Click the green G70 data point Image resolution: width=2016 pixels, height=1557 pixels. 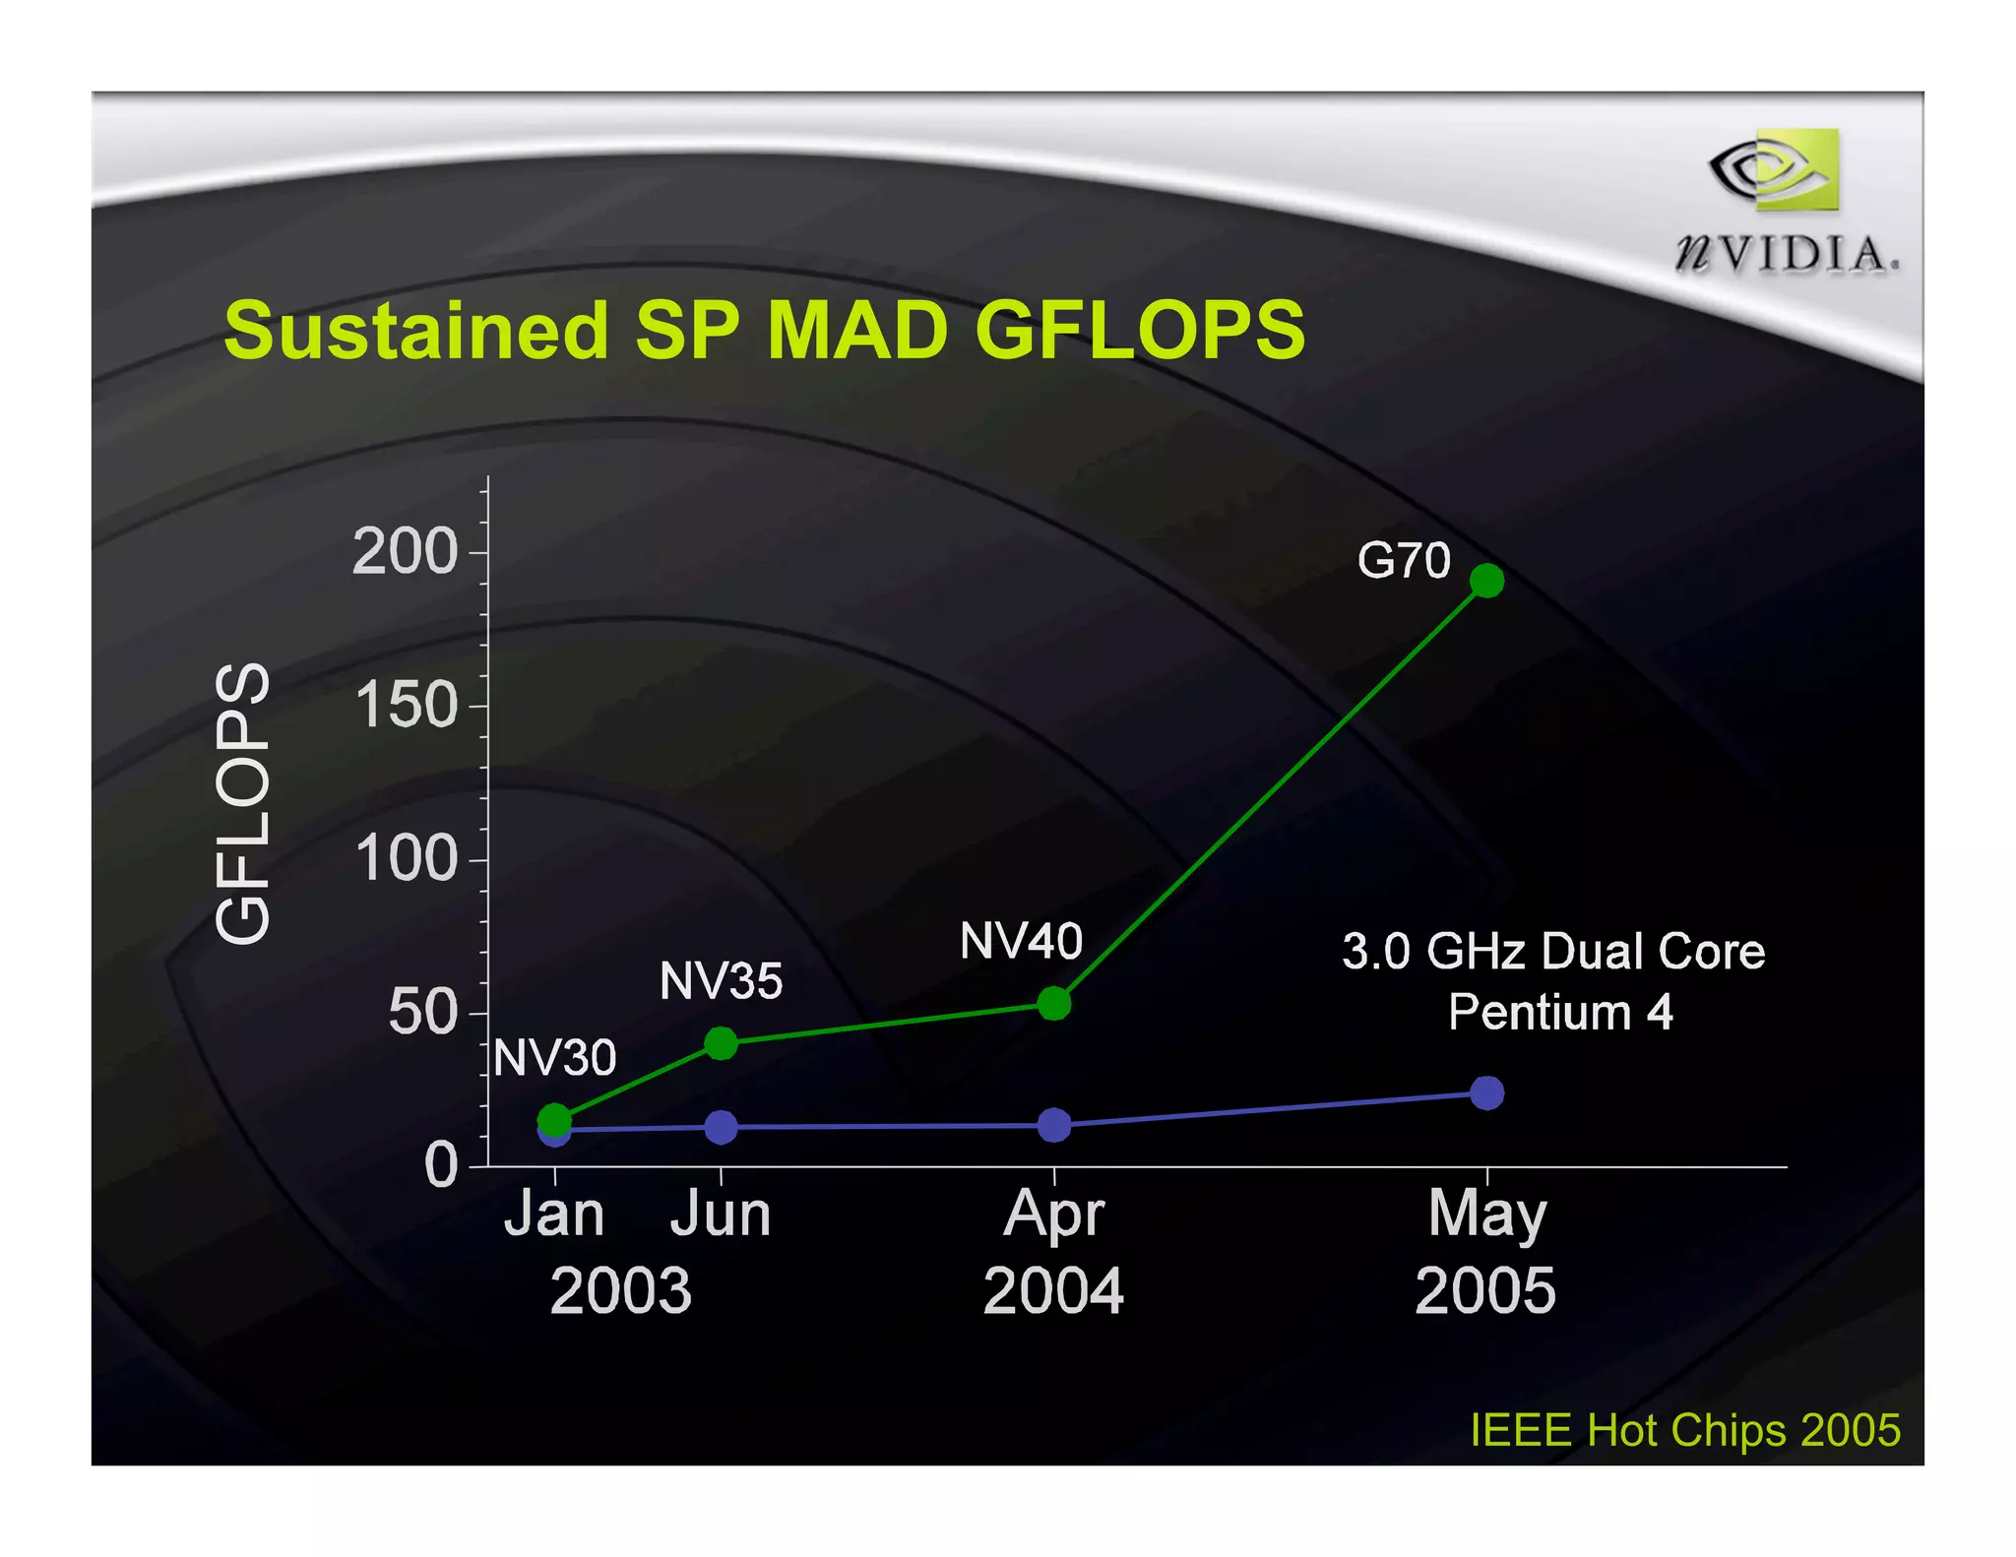point(1486,581)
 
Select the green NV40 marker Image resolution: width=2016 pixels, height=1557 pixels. point(1053,1003)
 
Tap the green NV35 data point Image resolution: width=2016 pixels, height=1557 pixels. point(721,1043)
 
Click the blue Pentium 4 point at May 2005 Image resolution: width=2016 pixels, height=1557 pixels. point(1486,1092)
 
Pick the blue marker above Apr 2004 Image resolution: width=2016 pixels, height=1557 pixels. point(1053,1124)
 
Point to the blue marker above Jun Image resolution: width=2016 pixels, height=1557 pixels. point(721,1127)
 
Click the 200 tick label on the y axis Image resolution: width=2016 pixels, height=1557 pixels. point(406,551)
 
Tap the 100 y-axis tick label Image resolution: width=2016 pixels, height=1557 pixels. point(406,858)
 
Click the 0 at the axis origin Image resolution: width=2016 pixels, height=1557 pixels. point(441,1165)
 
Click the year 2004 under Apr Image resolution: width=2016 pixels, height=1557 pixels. point(1053,1290)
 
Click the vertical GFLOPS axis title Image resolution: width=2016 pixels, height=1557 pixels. point(242,802)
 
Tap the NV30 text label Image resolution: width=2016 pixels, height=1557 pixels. point(554,1058)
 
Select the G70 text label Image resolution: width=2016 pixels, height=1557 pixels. point(1404,561)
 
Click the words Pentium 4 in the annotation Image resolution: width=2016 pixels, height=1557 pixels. point(1559,1012)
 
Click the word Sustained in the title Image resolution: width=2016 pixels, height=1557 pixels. point(415,330)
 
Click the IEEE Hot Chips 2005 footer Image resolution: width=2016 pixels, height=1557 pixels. point(1684,1430)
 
